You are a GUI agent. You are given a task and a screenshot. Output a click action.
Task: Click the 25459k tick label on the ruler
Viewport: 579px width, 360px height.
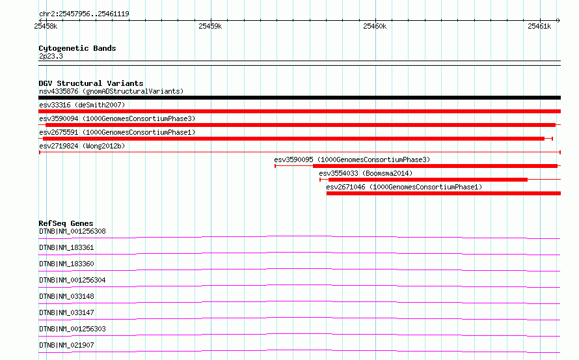(x=210, y=26)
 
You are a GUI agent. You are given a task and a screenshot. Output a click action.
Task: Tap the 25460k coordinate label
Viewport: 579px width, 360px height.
(x=375, y=26)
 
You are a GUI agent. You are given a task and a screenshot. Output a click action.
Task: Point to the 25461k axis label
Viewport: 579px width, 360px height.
(x=539, y=26)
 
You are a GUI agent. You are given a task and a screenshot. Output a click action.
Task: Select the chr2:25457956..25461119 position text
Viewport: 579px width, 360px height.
(x=84, y=14)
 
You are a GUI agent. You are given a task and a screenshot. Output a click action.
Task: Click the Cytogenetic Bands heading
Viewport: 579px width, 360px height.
(x=77, y=48)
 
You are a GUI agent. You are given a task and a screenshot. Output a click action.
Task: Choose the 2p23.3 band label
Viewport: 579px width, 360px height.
(x=51, y=56)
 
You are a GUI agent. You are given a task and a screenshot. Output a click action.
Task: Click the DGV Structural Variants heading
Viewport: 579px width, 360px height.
(x=91, y=83)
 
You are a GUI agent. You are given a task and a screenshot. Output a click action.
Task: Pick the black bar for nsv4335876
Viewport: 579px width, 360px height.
(x=299, y=98)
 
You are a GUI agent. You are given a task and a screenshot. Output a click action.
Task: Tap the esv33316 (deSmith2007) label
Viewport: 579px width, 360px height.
(x=82, y=105)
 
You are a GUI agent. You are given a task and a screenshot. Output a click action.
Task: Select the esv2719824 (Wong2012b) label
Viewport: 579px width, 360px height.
(x=82, y=146)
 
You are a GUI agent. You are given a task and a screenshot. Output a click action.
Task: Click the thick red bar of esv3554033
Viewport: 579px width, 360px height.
(x=428, y=180)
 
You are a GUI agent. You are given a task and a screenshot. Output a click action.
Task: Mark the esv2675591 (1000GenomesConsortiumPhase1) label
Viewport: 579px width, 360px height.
(x=117, y=132)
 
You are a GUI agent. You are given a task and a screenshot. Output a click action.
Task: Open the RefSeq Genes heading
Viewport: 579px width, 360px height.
(x=66, y=223)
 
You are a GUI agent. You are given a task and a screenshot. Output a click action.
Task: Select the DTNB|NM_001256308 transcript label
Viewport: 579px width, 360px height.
(x=72, y=231)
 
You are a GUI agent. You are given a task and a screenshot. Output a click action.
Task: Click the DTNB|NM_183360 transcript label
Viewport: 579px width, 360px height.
(x=66, y=264)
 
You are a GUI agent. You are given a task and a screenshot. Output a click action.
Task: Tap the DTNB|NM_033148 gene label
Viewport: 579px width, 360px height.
(x=66, y=296)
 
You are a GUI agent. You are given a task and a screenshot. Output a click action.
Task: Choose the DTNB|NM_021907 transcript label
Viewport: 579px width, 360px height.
(x=66, y=345)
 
